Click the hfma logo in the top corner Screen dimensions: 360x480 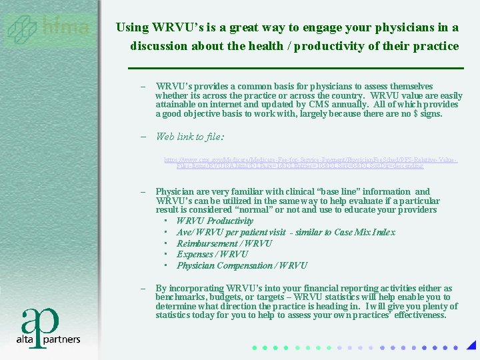pos(48,29)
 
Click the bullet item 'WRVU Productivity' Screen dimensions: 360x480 pos(215,221)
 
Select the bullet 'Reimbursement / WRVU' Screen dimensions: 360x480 pos(224,243)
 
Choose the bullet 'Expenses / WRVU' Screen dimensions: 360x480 pos(212,254)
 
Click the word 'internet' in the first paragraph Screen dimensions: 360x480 pos(230,105)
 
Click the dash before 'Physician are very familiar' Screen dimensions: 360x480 pos(143,192)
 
